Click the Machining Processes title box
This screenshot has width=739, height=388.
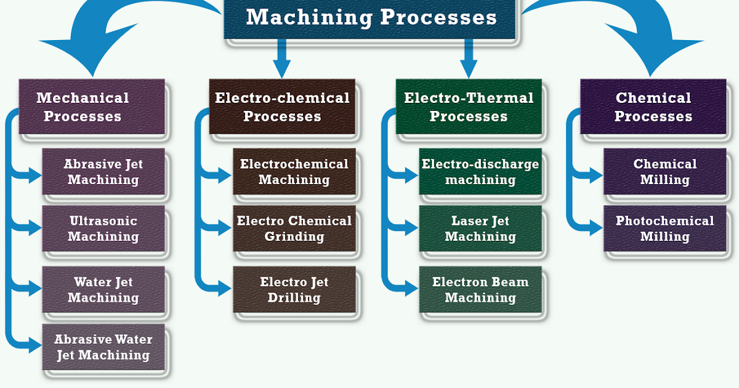[371, 18]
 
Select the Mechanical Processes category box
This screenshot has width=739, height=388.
[92, 107]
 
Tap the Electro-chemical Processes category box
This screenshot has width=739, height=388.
[282, 107]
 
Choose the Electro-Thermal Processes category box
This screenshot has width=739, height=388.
[469, 107]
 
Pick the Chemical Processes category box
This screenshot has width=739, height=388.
[653, 107]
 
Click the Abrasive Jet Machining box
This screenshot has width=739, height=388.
[103, 172]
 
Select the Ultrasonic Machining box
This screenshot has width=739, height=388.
[103, 228]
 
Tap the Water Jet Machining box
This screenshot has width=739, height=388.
[103, 289]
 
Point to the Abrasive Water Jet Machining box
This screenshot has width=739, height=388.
[103, 347]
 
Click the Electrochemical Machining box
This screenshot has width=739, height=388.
[294, 172]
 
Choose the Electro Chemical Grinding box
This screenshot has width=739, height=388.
[294, 228]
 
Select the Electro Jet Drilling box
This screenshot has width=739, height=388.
[294, 289]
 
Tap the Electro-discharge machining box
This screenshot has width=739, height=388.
[480, 172]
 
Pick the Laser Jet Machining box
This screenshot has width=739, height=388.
[480, 228]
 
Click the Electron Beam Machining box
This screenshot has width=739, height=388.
[480, 289]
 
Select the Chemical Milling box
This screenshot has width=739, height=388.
[665, 172]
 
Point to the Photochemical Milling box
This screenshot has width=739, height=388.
[665, 228]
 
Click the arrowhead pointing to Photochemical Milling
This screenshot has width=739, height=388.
[595, 228]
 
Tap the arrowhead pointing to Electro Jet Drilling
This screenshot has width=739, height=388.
[224, 286]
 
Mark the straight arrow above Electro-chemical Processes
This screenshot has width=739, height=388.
[282, 59]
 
